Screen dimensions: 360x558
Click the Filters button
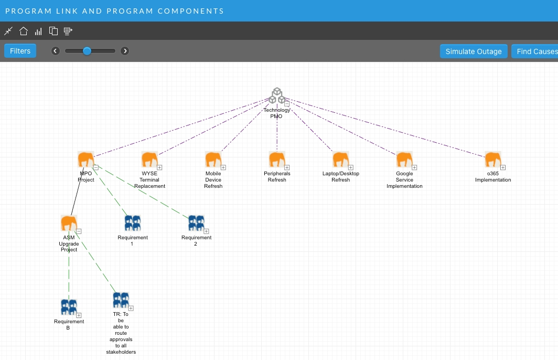20,51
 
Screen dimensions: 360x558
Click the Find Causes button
534,51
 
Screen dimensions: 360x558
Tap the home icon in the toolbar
24,31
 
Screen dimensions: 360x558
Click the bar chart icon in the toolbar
38,31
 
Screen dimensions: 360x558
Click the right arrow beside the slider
125,51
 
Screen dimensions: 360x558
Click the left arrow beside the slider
56,51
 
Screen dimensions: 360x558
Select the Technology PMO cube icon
277,96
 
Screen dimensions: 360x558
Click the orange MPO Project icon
86,160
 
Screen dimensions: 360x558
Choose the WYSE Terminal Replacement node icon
149,160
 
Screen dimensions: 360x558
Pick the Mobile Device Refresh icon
213,160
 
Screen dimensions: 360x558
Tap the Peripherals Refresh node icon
277,160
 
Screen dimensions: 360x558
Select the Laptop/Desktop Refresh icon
341,160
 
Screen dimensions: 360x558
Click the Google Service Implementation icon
404,160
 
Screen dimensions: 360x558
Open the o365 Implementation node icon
493,160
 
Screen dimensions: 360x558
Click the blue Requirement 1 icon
133,223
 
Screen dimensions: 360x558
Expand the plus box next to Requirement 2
207,231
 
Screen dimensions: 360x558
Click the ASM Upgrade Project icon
69,223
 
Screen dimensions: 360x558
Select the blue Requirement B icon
69,307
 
